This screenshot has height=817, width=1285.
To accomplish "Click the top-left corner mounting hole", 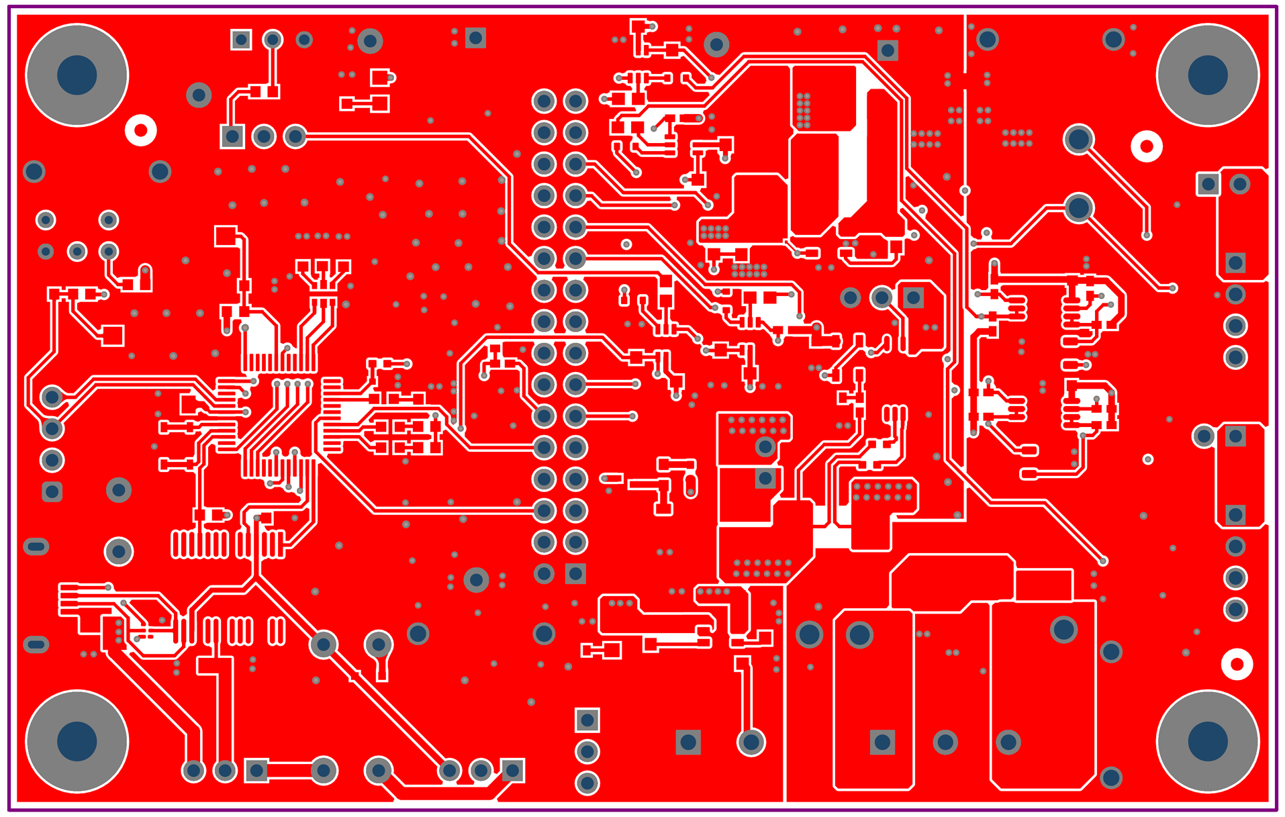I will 77,75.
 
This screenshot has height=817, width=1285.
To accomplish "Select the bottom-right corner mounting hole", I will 1207,740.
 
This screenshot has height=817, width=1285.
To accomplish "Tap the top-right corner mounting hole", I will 1207,75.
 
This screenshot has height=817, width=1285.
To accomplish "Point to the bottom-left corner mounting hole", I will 77,740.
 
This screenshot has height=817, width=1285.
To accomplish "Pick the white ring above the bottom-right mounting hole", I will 1237,664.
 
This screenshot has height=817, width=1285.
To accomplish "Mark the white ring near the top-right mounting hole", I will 1147,146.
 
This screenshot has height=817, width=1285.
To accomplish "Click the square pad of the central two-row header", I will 575,573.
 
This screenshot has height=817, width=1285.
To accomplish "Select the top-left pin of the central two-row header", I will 544,101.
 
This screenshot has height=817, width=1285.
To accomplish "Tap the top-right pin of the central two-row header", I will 575,101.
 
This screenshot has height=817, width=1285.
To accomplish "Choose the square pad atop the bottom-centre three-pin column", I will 587,720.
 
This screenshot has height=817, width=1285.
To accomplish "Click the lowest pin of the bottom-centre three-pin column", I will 587,783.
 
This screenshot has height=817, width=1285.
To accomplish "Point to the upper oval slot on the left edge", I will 36,546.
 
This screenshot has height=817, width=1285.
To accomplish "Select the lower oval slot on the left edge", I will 36,644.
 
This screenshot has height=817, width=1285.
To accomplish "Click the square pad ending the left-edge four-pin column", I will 52,491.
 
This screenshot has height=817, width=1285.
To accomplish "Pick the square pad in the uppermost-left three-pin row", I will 241,40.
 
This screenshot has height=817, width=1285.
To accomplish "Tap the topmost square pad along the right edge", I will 1208,184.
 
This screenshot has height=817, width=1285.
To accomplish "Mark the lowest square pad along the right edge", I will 1236,515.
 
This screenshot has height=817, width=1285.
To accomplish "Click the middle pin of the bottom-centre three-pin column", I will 587,752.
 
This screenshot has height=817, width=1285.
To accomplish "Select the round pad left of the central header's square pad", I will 544,573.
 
